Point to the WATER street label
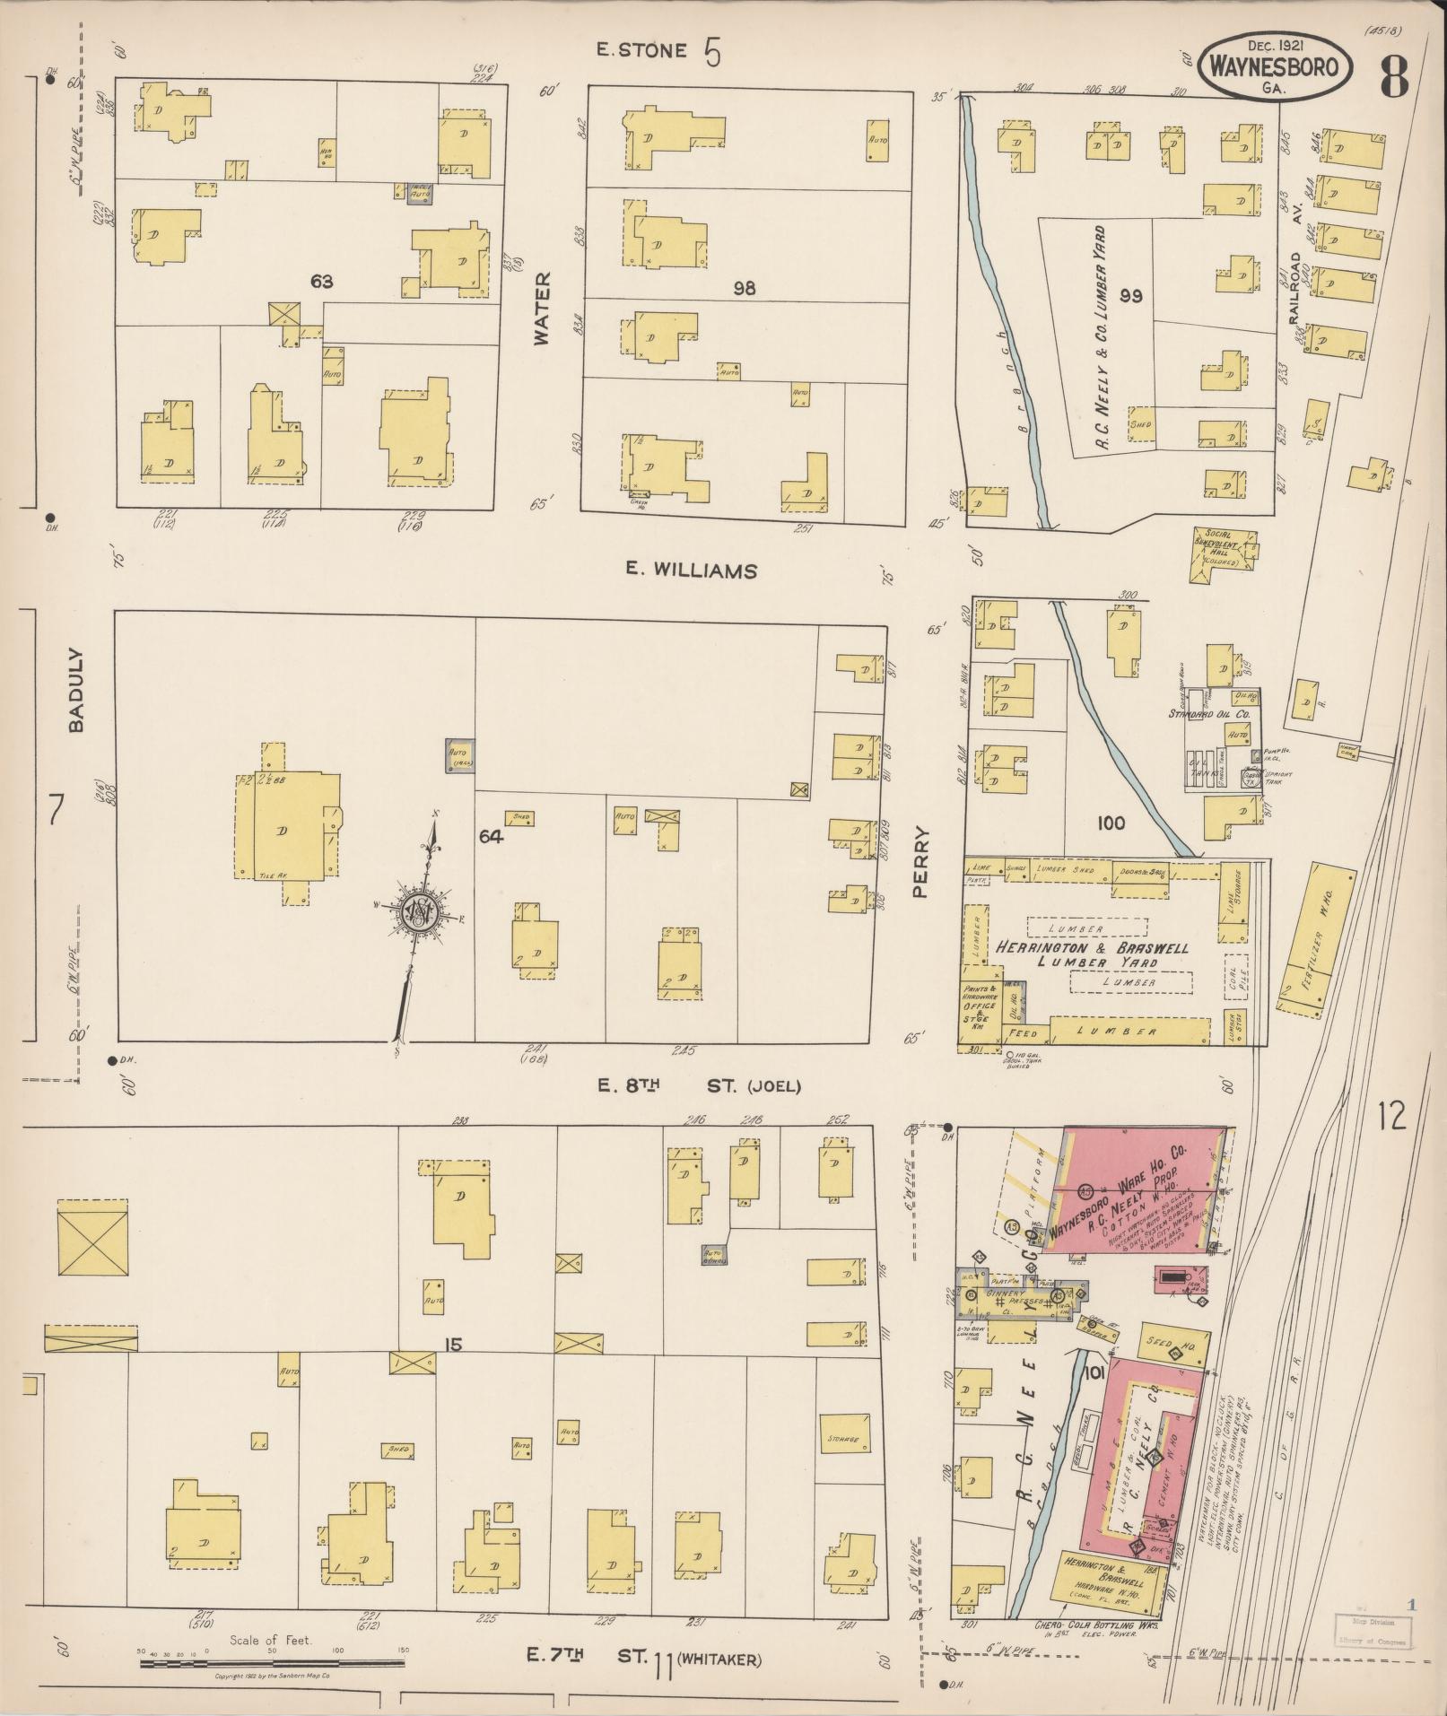(x=542, y=309)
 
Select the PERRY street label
(x=921, y=862)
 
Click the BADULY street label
(x=77, y=690)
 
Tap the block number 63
(x=322, y=282)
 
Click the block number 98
(x=744, y=288)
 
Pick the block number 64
(x=491, y=837)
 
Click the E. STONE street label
(x=641, y=51)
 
